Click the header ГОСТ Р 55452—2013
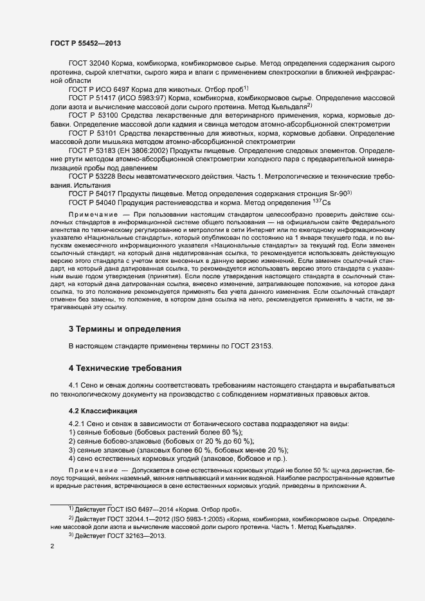click(x=85, y=43)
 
